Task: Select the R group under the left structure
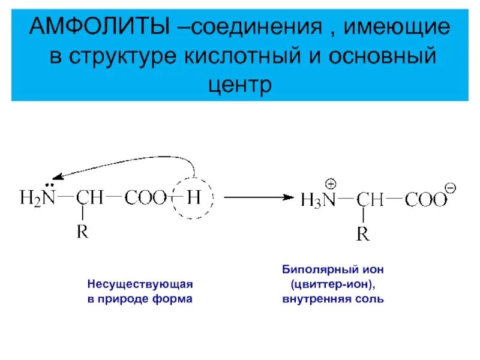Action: (83, 232)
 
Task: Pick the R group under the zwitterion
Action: (363, 233)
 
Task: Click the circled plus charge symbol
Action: (331, 184)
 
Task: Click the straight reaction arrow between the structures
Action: (259, 197)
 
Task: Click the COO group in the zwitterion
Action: (425, 200)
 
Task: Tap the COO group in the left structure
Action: (146, 198)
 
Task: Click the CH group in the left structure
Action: (91, 197)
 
